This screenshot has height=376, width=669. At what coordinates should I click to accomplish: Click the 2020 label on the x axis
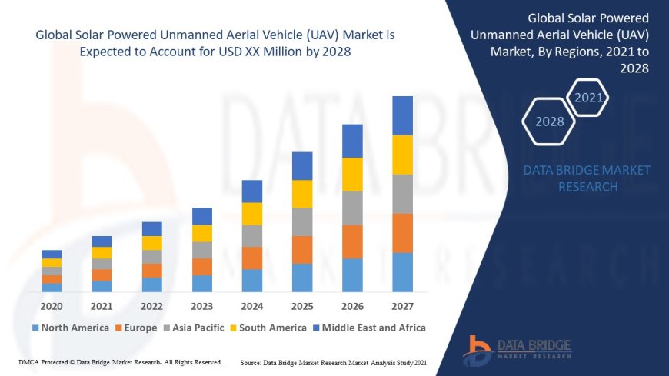pyautogui.click(x=52, y=305)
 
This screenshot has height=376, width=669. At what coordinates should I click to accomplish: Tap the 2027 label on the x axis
pyautogui.click(x=402, y=305)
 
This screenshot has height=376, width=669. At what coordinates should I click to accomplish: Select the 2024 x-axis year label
pyautogui.click(x=252, y=305)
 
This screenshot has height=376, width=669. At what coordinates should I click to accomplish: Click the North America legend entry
pyautogui.click(x=70, y=328)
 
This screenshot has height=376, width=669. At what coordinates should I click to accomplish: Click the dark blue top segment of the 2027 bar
pyautogui.click(x=402, y=115)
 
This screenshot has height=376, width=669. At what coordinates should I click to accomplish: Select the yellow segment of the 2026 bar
pyautogui.click(x=352, y=174)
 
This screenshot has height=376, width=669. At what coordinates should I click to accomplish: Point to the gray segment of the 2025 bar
pyautogui.click(x=302, y=221)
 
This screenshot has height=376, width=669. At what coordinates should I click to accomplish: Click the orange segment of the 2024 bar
pyautogui.click(x=252, y=258)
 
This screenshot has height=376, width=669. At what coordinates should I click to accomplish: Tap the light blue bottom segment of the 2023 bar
pyautogui.click(x=202, y=283)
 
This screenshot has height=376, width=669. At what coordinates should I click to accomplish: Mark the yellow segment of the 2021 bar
pyautogui.click(x=102, y=252)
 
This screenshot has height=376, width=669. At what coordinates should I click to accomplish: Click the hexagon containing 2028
pyautogui.click(x=549, y=121)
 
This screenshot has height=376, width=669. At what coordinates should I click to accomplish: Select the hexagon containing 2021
pyautogui.click(x=589, y=98)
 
